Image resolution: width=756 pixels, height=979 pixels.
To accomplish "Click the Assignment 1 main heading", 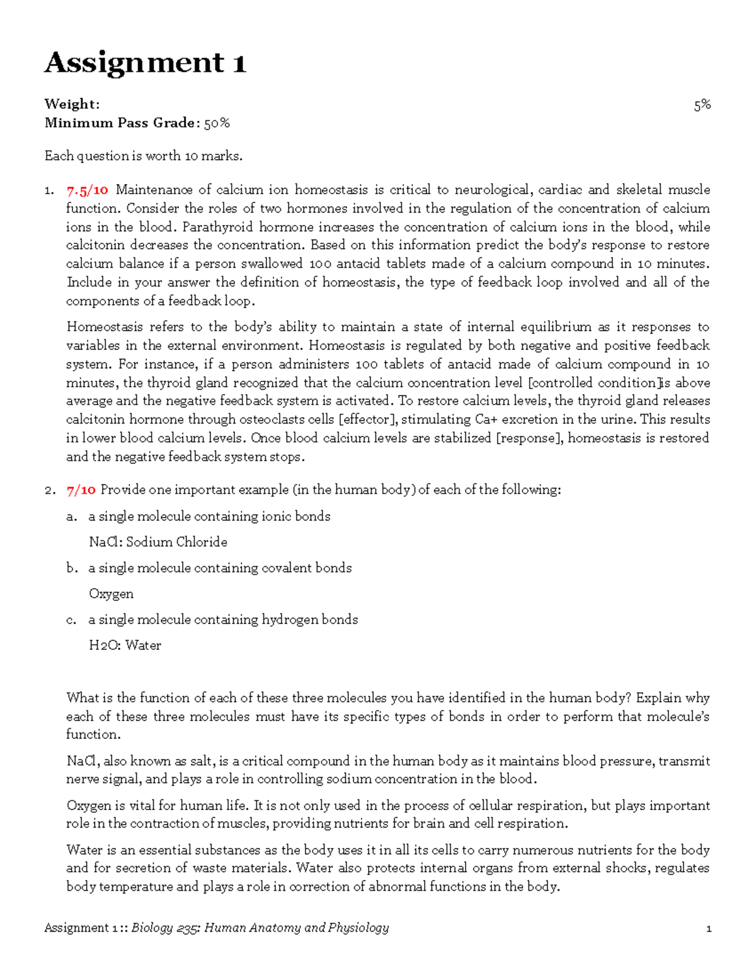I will point(145,63).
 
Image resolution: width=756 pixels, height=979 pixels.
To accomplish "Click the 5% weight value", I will point(702,105).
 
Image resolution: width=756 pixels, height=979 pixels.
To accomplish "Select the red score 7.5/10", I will point(87,190).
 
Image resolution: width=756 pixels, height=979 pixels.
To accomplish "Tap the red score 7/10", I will point(81,490).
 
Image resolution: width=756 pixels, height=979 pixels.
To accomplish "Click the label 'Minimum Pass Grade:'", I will point(120,123).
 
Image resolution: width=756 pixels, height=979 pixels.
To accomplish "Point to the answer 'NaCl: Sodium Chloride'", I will point(158,542).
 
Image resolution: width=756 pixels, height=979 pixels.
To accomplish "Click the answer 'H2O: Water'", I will point(125,646).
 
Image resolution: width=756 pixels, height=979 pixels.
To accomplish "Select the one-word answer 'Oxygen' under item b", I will point(111,594).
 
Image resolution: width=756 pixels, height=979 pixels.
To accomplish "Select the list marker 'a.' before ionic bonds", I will point(72,516).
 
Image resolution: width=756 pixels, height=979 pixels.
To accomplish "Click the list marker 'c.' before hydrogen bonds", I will point(71,620).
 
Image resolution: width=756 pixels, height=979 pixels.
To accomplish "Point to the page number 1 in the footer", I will point(709,928).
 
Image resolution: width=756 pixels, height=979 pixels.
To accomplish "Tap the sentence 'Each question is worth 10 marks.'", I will point(144,156).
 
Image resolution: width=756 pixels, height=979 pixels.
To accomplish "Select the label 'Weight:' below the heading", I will point(72,105).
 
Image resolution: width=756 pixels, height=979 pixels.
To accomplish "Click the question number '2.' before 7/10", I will point(50,490).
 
